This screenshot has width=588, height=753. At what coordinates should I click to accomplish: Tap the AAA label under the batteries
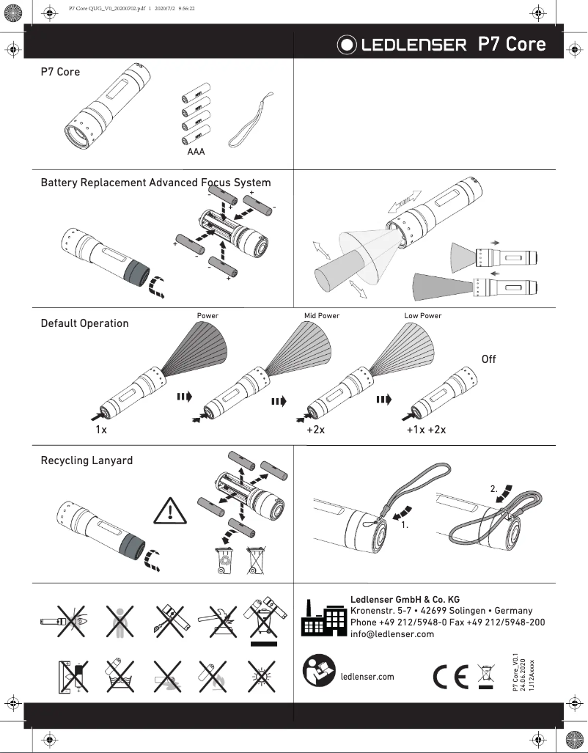tap(196, 153)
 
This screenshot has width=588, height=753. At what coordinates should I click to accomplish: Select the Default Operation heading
tap(84, 323)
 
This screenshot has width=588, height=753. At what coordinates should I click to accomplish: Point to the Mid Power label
tap(322, 316)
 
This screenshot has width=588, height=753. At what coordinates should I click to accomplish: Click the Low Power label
tap(423, 316)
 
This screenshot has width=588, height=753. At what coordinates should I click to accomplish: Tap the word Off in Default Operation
tap(488, 359)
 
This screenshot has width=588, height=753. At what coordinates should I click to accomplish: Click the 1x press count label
tap(101, 430)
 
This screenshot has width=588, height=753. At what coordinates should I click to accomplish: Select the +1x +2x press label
tap(426, 430)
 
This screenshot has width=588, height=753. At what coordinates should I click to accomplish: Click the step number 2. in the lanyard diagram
tap(494, 488)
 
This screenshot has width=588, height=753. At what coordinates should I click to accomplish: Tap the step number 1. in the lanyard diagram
tap(404, 526)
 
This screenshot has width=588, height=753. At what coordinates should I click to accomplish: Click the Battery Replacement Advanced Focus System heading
tap(155, 183)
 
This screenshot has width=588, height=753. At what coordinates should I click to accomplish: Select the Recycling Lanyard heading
tap(87, 460)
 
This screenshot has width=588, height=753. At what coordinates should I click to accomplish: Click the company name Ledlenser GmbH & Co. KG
tap(405, 599)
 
